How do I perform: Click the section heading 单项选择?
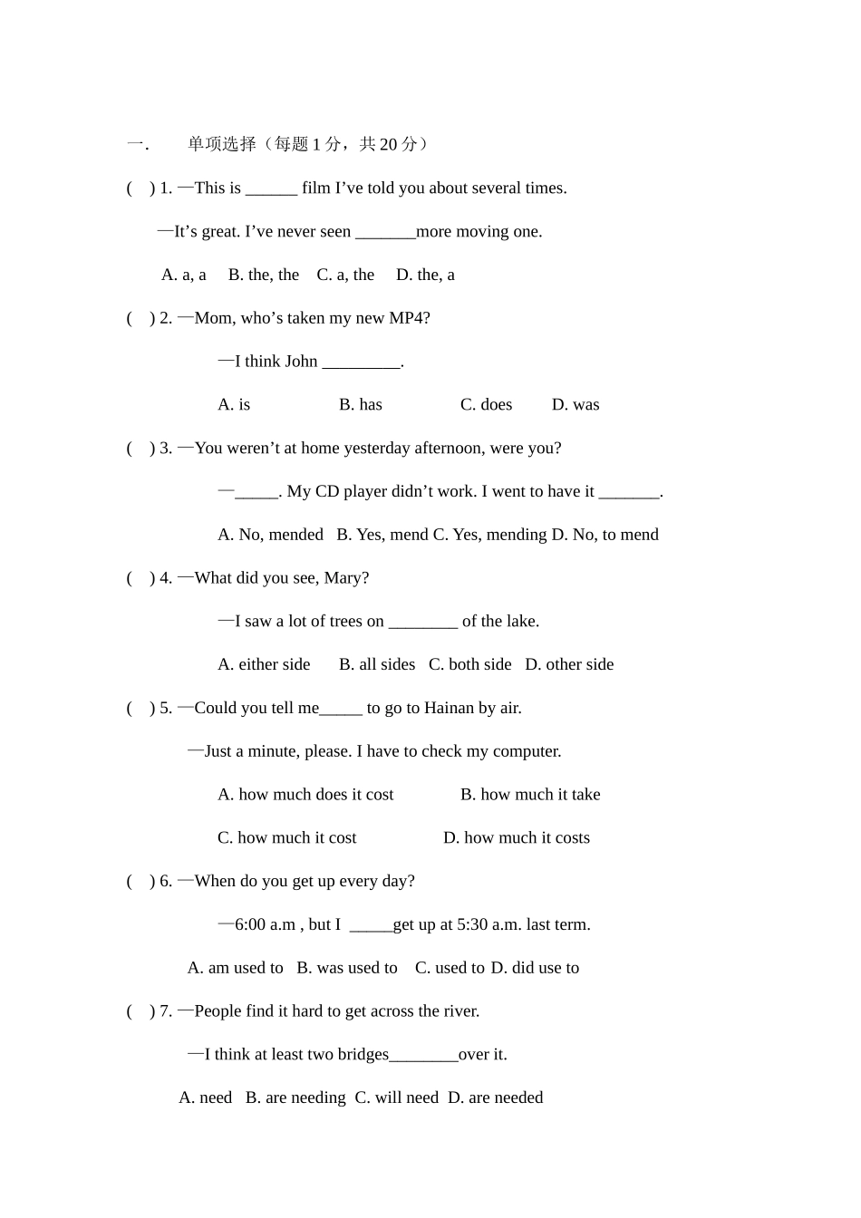pyautogui.click(x=222, y=144)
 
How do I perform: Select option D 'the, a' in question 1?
pyautogui.click(x=425, y=275)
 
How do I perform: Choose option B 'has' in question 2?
pyautogui.click(x=361, y=404)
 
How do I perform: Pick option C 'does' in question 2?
pyautogui.click(x=486, y=404)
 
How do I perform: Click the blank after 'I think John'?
pyautogui.click(x=361, y=362)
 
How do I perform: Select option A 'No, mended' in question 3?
pyautogui.click(x=270, y=535)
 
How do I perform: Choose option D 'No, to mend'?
pyautogui.click(x=605, y=535)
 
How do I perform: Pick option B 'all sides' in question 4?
pyautogui.click(x=377, y=664)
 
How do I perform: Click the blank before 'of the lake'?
pyautogui.click(x=422, y=623)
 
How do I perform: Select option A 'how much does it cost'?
pyautogui.click(x=305, y=795)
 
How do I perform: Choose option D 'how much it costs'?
pyautogui.click(x=517, y=838)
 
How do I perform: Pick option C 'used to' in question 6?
pyautogui.click(x=450, y=968)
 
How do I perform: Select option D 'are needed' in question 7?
pyautogui.click(x=496, y=1098)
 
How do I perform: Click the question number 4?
pyautogui.click(x=165, y=578)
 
